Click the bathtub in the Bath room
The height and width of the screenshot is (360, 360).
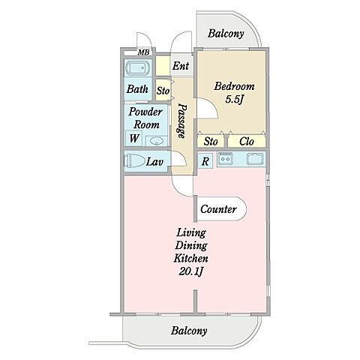tap(138, 68)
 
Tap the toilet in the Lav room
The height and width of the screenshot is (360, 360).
tap(135, 161)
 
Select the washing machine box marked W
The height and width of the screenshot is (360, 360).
tap(133, 138)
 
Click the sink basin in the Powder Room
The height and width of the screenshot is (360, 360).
tap(156, 141)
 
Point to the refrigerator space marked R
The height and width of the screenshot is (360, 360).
tap(205, 160)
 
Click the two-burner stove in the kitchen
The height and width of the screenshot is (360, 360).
tap(225, 159)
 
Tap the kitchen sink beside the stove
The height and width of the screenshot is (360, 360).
tap(254, 159)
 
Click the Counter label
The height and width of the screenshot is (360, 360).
tap(218, 209)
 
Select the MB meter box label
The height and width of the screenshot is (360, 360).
tap(144, 52)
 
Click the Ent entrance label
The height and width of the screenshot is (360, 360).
tap(181, 66)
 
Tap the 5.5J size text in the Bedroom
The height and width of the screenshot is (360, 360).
tap(234, 100)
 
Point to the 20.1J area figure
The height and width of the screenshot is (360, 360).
tap(190, 271)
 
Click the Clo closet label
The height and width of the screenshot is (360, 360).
tap(247, 142)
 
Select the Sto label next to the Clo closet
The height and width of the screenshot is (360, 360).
tap(211, 142)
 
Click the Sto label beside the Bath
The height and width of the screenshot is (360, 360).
tap(163, 91)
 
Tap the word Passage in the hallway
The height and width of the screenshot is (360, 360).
tap(182, 121)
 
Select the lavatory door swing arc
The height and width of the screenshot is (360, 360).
tap(182, 157)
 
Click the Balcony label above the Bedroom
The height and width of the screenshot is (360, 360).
tap(226, 34)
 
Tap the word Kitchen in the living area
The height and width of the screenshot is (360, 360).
tap(190, 258)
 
